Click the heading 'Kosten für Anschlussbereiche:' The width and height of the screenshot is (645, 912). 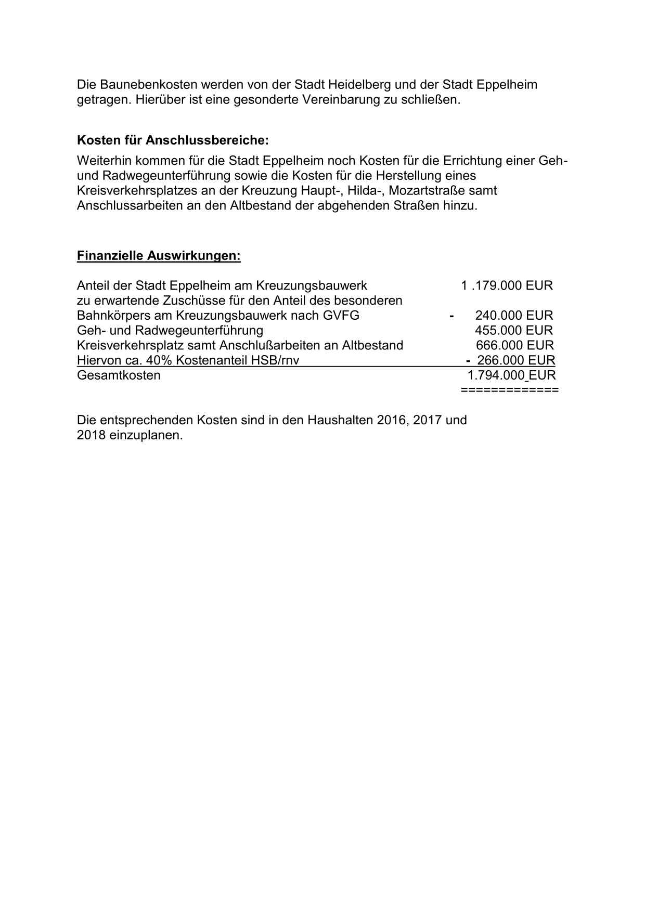(173, 140)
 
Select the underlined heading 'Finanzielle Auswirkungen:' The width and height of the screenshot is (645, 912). (159, 256)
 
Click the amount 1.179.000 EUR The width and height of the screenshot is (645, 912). (507, 285)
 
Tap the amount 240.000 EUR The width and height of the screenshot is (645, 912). (514, 316)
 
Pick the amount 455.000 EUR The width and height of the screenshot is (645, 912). (514, 331)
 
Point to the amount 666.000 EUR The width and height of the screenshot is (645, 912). (515, 345)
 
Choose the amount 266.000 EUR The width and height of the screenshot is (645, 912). (516, 360)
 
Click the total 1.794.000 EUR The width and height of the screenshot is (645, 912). (511, 375)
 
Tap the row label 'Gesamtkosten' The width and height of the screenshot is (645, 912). (119, 375)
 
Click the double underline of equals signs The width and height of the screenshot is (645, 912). (510, 390)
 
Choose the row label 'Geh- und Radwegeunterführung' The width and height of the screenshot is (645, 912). (170, 331)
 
